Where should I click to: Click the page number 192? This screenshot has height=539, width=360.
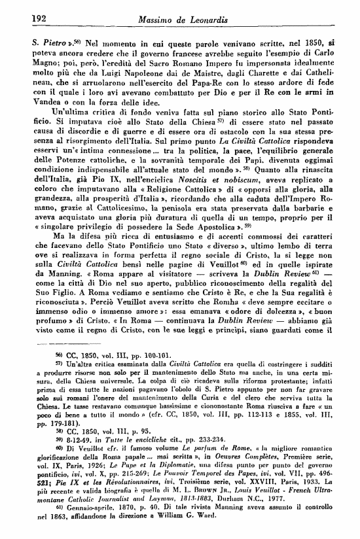[x=21, y=20]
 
